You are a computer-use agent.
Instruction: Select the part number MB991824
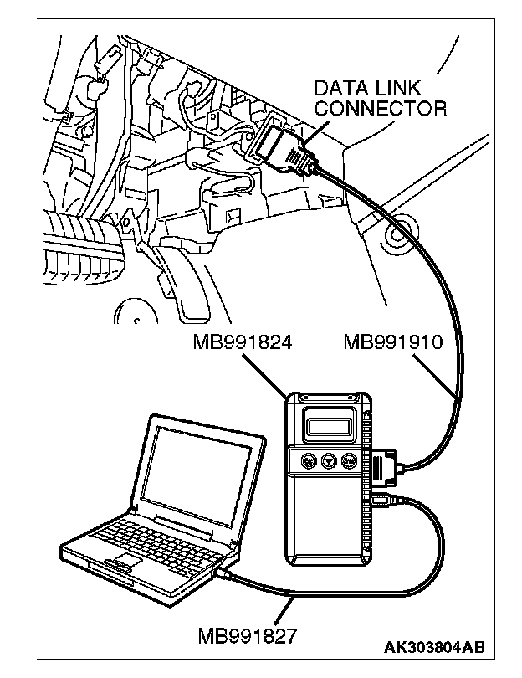[242, 342]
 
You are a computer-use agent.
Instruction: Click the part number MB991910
[393, 342]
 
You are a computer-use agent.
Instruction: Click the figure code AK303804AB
[434, 647]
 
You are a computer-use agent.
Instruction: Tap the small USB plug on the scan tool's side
[383, 502]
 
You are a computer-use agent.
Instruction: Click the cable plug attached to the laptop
[224, 575]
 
